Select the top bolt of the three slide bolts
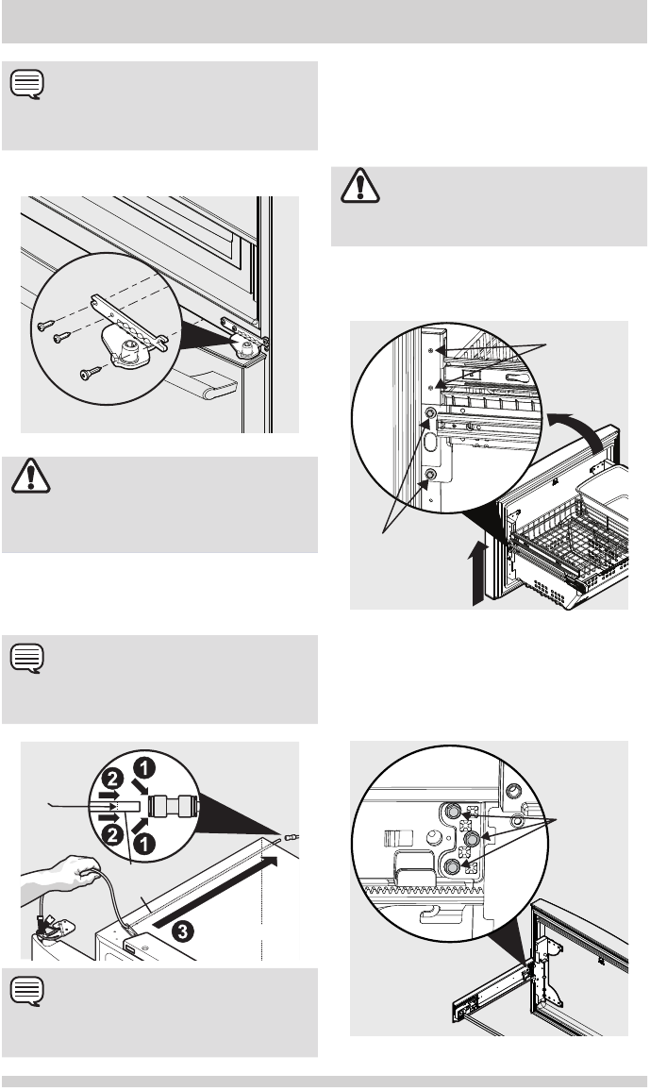454,809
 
